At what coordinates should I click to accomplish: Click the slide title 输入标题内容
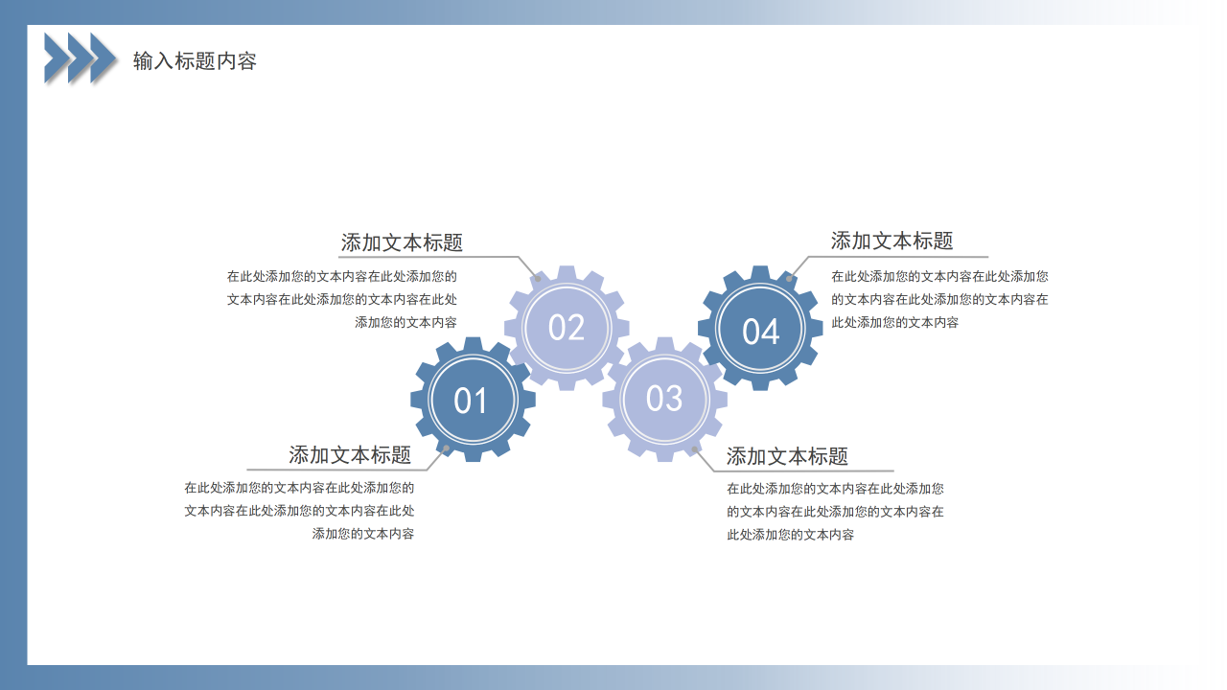coord(195,61)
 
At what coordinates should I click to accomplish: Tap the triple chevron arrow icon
coord(81,57)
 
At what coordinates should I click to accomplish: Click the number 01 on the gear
coord(471,401)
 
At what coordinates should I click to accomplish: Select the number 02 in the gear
coord(567,329)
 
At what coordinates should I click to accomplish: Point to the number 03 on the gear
coord(664,399)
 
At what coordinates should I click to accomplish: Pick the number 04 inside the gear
coord(760,332)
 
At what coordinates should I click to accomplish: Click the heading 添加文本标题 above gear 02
coord(402,242)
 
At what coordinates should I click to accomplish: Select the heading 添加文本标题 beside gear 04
coord(891,241)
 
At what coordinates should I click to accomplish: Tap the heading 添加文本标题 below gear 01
coord(350,455)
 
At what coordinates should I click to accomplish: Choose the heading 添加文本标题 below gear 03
coord(787,456)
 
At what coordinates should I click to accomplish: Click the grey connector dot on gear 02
coord(538,279)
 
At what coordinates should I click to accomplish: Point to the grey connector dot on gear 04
coord(789,278)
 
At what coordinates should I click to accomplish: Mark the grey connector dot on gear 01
coord(446,448)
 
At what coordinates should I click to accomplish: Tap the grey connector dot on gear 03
coord(694,448)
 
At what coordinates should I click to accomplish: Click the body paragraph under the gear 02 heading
coord(342,299)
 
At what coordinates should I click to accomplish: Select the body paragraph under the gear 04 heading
coord(939,299)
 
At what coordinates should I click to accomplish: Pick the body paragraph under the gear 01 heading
coord(299,511)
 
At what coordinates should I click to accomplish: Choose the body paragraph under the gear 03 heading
coord(835,512)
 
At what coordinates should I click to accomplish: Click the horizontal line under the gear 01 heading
coord(336,471)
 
